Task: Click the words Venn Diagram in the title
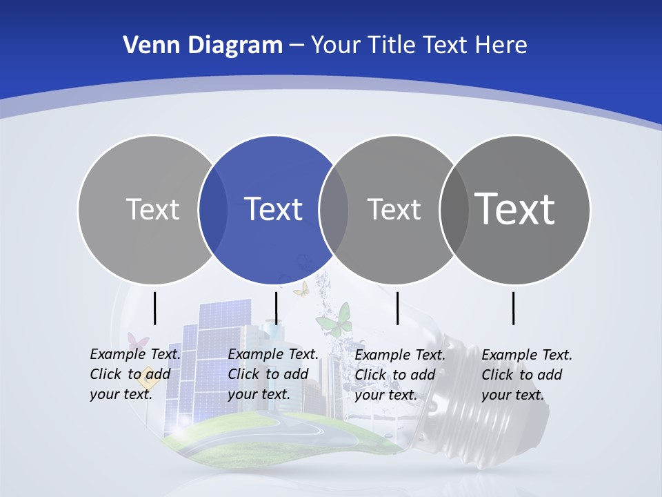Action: pyautogui.click(x=203, y=46)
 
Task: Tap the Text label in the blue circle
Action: pyautogui.click(x=274, y=209)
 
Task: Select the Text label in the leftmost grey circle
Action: pyautogui.click(x=152, y=209)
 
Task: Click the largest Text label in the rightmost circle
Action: pyautogui.click(x=515, y=208)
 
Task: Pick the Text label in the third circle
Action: pyautogui.click(x=394, y=209)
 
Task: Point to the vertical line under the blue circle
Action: pyautogui.click(x=276, y=308)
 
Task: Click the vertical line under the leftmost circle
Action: pyautogui.click(x=154, y=308)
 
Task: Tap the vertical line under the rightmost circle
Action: pyautogui.click(x=514, y=308)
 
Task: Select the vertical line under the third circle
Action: pyautogui.click(x=398, y=308)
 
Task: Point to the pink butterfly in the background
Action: pyautogui.click(x=138, y=342)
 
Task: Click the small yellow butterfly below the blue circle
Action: pyautogui.click(x=301, y=289)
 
